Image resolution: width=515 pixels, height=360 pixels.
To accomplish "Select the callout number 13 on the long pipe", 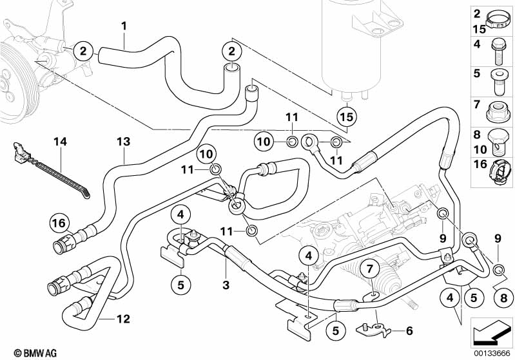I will tap(123, 140).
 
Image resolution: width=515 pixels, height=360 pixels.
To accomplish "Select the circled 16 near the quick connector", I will tap(60, 223).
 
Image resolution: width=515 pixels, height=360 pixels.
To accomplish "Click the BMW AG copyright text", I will tap(23, 352).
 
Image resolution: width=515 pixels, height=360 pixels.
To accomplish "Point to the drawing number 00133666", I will tap(491, 352).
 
